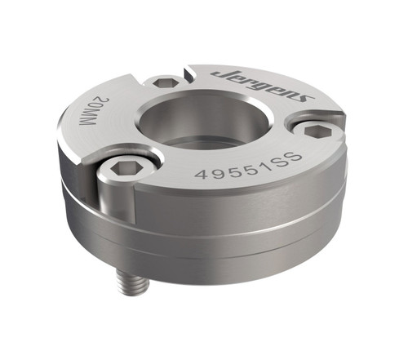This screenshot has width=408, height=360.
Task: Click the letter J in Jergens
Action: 220,74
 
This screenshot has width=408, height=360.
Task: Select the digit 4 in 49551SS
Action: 199,175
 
